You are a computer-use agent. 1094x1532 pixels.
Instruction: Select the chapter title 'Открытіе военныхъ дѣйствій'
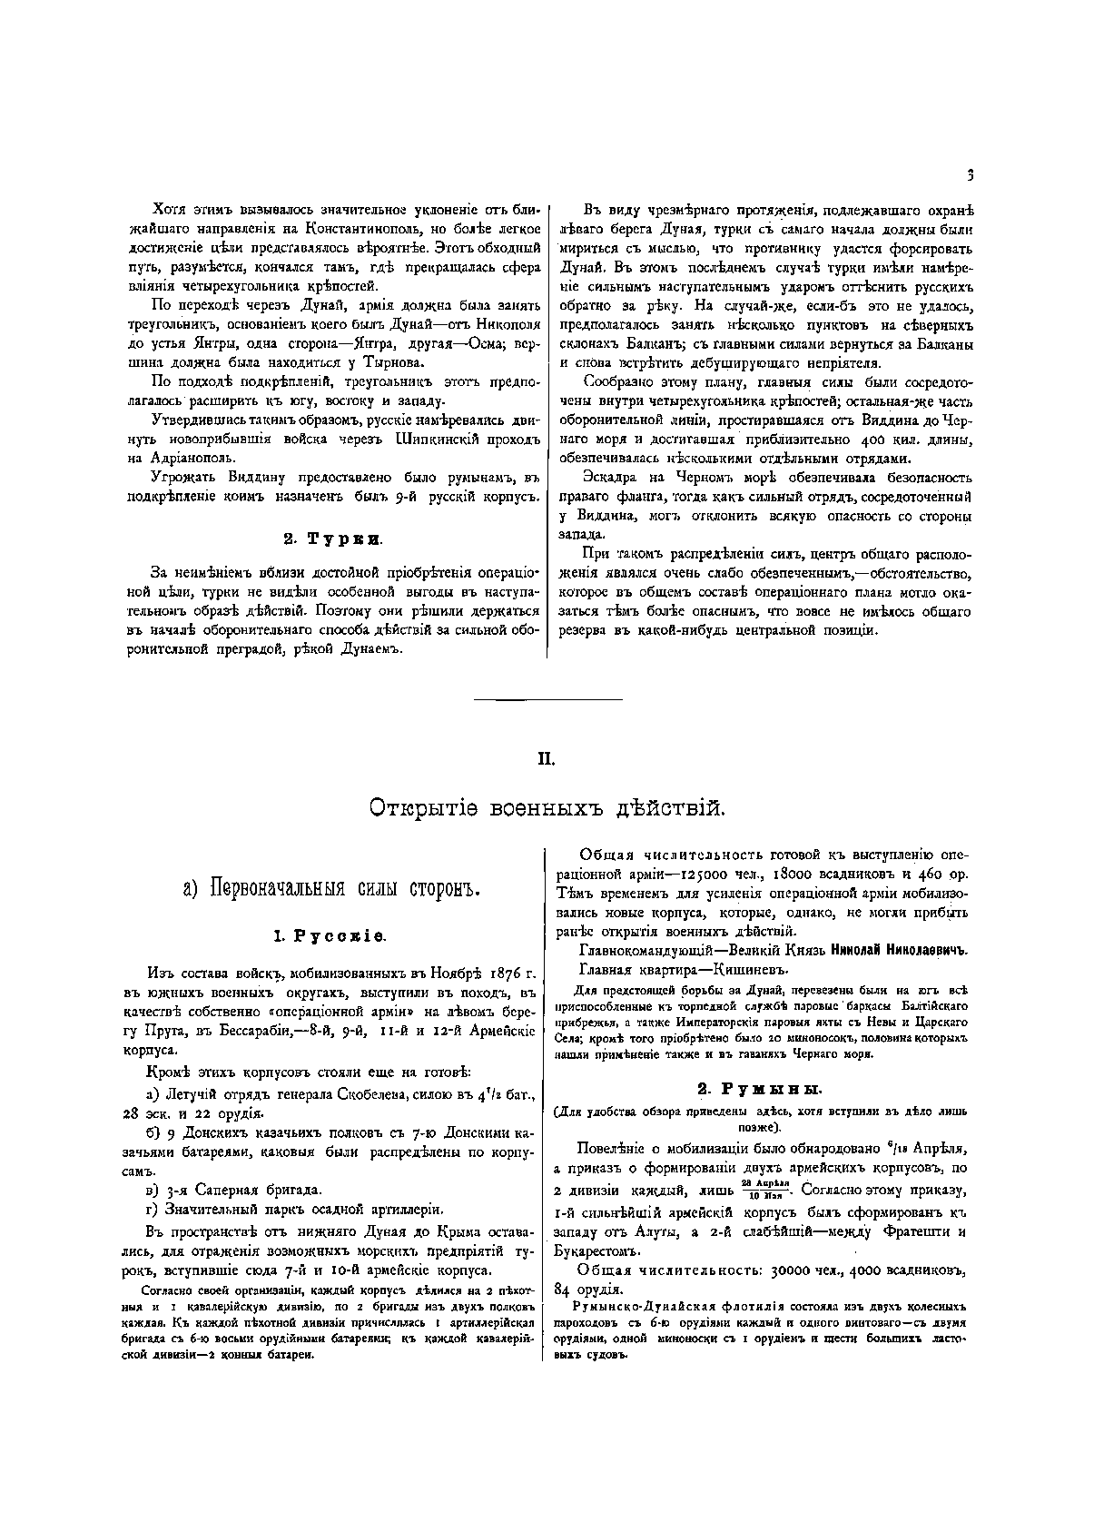[546, 806]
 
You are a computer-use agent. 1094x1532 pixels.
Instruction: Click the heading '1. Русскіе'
[330, 934]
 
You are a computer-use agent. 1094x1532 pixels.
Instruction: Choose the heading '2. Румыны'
[759, 1088]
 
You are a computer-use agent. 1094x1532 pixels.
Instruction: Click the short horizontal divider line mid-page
[548, 699]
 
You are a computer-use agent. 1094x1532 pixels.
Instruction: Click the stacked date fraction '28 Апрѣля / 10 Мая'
[762, 1190]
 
